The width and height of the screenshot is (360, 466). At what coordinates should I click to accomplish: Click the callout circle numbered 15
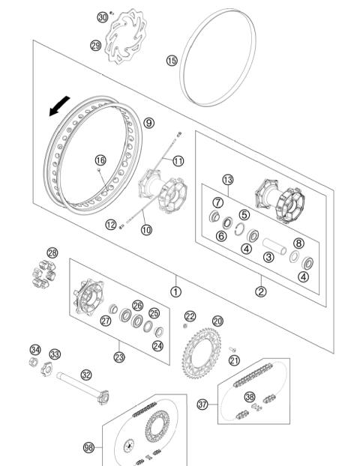[x=172, y=60]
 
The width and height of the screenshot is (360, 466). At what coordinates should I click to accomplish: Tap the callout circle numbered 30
[x=103, y=16]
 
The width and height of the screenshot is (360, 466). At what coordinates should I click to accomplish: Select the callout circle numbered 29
[x=95, y=46]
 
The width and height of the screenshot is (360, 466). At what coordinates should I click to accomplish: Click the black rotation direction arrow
[x=58, y=109]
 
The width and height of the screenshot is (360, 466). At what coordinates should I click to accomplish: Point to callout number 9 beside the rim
[x=148, y=123]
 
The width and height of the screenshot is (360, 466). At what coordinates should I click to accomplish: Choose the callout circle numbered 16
[x=100, y=160]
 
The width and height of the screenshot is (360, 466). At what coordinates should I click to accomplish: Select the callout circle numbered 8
[x=298, y=243]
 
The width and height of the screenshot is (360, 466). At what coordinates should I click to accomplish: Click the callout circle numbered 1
[x=175, y=291]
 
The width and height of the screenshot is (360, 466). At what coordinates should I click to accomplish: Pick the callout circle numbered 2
[x=260, y=291]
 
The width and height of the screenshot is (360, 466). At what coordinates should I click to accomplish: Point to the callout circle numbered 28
[x=52, y=252]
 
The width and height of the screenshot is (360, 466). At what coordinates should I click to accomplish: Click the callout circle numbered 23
[x=119, y=357]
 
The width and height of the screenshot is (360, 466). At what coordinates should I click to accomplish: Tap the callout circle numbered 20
[x=217, y=321]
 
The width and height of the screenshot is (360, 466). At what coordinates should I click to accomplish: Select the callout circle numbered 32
[x=86, y=375]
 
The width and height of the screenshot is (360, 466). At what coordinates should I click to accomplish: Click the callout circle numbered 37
[x=202, y=405]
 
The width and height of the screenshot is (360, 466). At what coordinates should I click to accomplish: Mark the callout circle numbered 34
[x=34, y=349]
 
